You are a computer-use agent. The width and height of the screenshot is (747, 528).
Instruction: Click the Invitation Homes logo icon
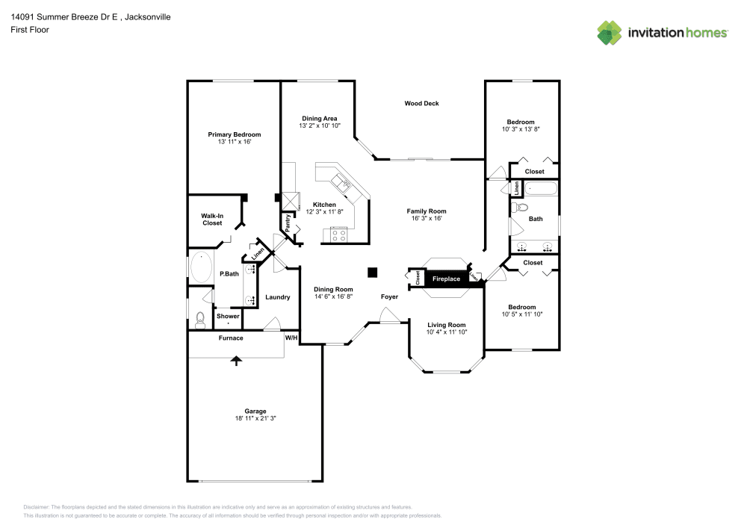(x=610, y=32)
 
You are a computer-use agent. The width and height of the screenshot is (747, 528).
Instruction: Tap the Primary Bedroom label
(x=234, y=134)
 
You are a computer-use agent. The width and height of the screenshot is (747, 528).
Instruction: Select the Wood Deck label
(x=421, y=104)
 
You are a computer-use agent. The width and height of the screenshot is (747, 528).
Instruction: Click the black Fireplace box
(x=447, y=279)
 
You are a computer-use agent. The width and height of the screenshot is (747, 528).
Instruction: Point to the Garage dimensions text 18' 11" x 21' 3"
(x=255, y=419)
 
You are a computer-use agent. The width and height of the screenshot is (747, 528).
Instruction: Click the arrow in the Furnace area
(x=237, y=361)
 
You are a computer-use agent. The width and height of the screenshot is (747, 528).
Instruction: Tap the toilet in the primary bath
(x=199, y=320)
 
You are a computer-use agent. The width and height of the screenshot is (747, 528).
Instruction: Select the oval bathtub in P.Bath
(x=202, y=267)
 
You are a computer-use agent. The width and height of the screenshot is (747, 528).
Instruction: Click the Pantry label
(x=286, y=223)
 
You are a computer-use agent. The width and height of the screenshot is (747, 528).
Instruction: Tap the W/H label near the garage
(x=291, y=338)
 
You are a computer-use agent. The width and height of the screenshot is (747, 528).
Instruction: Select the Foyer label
(x=389, y=297)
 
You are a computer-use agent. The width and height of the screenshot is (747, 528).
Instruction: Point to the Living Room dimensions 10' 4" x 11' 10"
(x=446, y=332)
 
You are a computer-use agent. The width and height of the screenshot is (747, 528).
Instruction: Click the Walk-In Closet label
(x=212, y=219)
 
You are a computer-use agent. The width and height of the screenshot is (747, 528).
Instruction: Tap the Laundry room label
(x=277, y=297)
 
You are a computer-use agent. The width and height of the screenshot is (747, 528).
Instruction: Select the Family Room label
(x=426, y=211)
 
